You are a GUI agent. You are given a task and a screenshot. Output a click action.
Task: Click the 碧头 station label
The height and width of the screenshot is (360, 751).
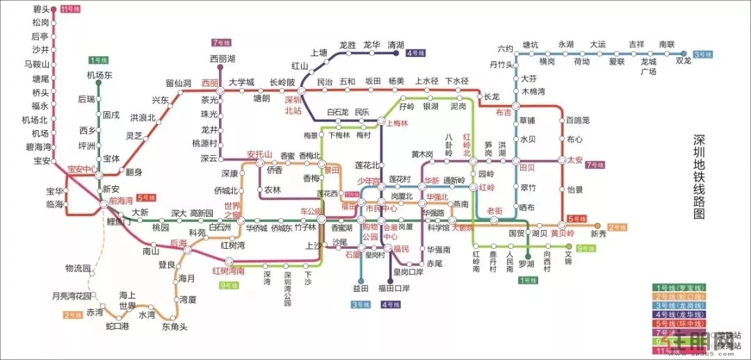(40, 9)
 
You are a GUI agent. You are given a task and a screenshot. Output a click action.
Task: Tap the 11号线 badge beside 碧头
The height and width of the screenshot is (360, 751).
(70, 9)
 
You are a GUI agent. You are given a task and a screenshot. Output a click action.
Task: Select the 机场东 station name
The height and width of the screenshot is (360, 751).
(99, 75)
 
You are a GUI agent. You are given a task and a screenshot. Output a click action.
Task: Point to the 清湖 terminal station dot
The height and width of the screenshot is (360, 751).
(396, 53)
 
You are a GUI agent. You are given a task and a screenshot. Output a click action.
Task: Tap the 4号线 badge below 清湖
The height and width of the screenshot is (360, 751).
(416, 53)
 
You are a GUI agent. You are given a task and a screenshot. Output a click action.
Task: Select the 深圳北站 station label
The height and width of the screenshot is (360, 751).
(293, 105)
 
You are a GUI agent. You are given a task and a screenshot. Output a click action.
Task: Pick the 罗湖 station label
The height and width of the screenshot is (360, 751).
(526, 264)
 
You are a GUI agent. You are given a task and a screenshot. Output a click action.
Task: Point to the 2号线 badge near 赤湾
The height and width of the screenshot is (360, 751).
(74, 315)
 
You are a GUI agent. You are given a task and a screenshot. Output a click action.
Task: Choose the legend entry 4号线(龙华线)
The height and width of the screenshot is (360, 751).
(677, 315)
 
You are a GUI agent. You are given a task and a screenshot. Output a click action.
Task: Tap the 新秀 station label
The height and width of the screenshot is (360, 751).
(599, 234)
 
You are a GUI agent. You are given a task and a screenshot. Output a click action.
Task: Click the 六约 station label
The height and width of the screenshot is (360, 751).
(505, 49)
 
